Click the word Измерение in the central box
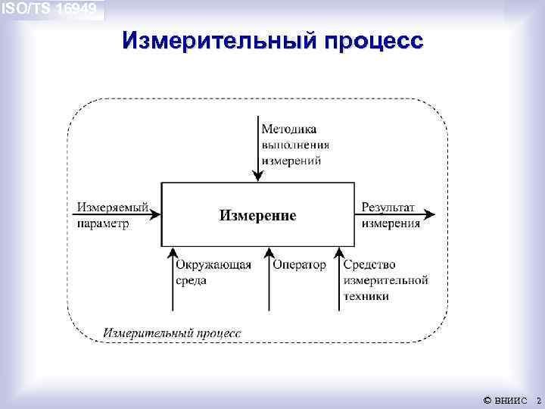click(257, 216)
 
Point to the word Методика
click(289, 129)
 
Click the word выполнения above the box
click(295, 145)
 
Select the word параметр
click(103, 223)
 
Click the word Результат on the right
click(388, 208)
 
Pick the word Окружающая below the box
click(213, 264)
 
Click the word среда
click(191, 280)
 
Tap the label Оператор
click(300, 264)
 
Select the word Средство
click(369, 264)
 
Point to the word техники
click(366, 296)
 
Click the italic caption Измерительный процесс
click(173, 333)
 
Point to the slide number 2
click(538, 399)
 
